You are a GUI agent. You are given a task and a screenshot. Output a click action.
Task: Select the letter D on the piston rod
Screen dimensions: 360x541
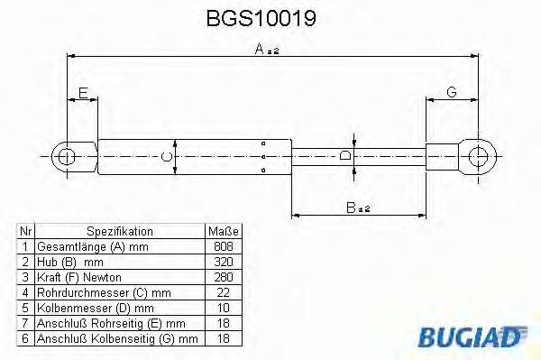pyautogui.click(x=345, y=157)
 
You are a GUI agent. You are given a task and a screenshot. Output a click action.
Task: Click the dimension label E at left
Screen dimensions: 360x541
pyautogui.click(x=82, y=93)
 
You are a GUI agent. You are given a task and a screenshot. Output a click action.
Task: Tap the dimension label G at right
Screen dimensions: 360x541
pyautogui.click(x=451, y=93)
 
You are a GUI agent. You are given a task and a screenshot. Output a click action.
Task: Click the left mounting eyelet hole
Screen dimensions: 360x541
pyautogui.click(x=66, y=157)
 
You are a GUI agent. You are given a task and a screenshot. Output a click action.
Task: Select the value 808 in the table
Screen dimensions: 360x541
pyautogui.click(x=221, y=246)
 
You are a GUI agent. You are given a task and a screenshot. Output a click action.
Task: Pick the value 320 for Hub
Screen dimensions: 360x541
pyautogui.click(x=221, y=262)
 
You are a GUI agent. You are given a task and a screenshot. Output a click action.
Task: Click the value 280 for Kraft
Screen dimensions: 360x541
pyautogui.click(x=221, y=277)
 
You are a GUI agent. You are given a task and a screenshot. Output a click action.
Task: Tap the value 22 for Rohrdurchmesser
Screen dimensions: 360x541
pyautogui.click(x=221, y=292)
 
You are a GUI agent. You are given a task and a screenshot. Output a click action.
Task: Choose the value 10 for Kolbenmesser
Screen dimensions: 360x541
pyautogui.click(x=221, y=308)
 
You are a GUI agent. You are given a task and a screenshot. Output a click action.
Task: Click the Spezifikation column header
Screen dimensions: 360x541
pyautogui.click(x=120, y=231)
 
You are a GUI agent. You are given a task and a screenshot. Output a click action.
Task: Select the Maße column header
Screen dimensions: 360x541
pyautogui.click(x=221, y=231)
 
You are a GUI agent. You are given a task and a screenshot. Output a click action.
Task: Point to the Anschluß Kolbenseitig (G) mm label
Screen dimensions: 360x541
pyautogui.click(x=117, y=338)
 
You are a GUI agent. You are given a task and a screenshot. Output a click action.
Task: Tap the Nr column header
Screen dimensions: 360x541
pyautogui.click(x=26, y=231)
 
